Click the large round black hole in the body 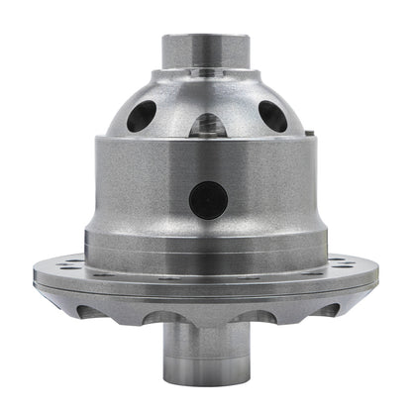[x=207, y=201]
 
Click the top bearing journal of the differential [x=207, y=55]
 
